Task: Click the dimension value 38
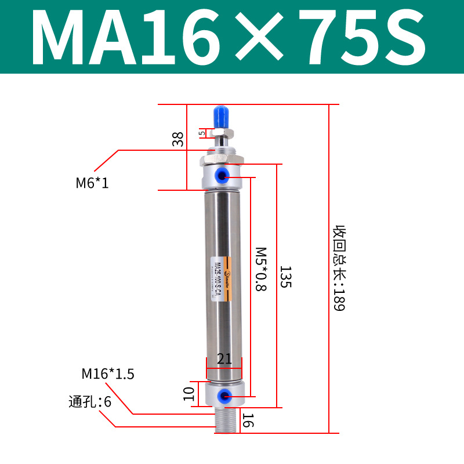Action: point(178,139)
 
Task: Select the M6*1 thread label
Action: point(92,183)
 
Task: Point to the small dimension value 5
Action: point(202,133)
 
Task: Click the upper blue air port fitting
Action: point(223,174)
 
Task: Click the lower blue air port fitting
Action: point(223,396)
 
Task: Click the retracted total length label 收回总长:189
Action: point(339,268)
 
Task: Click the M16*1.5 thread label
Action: point(108,374)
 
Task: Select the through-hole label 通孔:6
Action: point(90,401)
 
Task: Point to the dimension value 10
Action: point(188,394)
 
